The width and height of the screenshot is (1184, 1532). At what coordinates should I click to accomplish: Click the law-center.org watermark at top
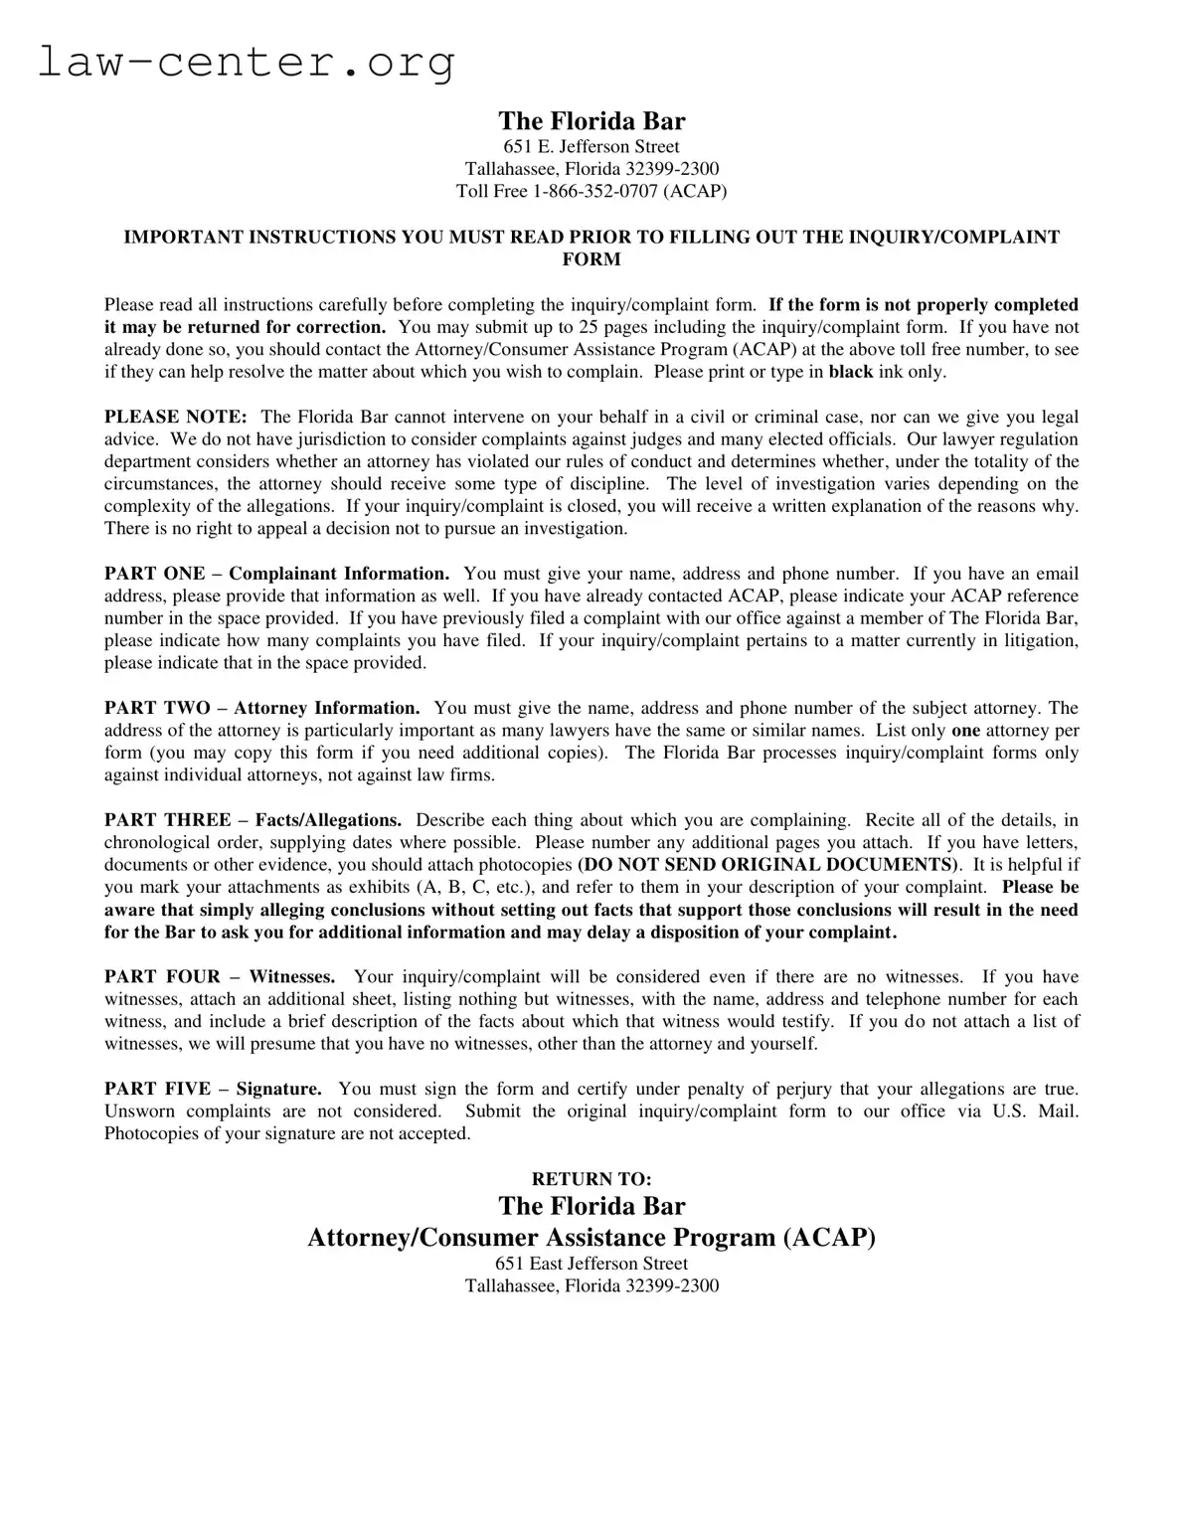tap(247, 62)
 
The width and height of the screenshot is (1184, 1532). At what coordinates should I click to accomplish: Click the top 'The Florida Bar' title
tap(592, 121)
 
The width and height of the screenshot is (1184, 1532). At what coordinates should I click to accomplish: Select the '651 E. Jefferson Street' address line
tap(592, 147)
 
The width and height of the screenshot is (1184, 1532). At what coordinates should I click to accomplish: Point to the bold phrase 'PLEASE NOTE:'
tap(176, 417)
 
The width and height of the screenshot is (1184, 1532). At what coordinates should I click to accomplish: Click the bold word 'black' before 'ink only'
tap(850, 372)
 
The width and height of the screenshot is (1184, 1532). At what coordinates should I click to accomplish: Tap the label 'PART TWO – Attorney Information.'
tap(261, 708)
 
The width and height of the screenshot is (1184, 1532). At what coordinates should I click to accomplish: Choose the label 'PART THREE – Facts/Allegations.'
tap(253, 820)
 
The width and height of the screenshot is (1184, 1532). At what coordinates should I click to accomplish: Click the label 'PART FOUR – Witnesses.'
tap(220, 977)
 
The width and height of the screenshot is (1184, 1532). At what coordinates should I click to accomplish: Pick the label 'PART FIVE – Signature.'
tap(213, 1090)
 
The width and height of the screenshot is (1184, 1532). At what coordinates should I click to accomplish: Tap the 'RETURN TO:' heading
tap(592, 1179)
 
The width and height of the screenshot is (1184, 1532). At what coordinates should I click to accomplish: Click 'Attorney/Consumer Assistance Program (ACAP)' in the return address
tap(592, 1237)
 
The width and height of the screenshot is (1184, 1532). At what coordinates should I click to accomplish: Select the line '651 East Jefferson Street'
tap(592, 1264)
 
